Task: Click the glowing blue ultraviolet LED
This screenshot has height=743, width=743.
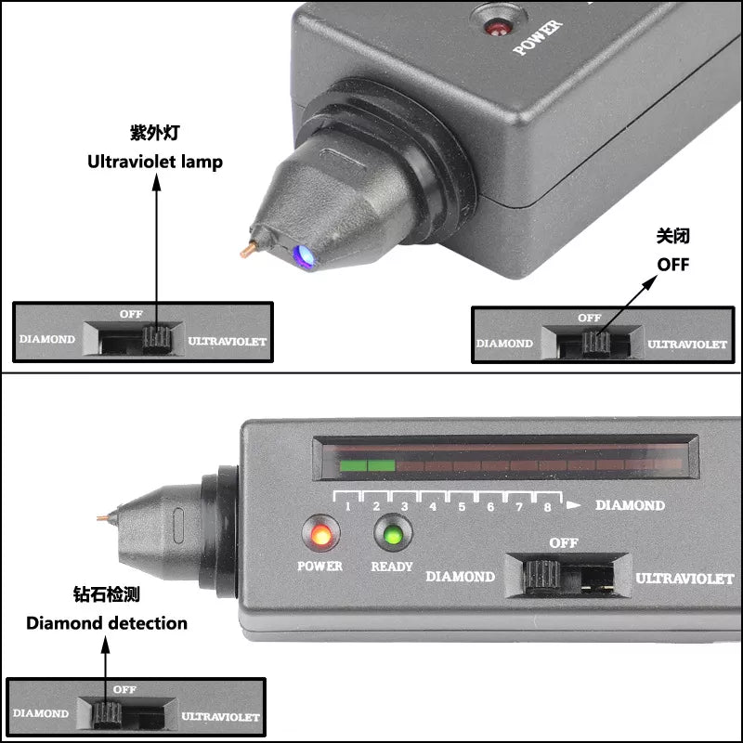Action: coord(302,255)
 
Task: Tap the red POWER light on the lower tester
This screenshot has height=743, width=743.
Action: coord(320,535)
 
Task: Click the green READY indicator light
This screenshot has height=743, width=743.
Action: coord(391,535)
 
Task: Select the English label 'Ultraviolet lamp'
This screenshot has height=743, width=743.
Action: coord(155,162)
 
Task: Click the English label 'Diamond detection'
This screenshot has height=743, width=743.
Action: coord(107,623)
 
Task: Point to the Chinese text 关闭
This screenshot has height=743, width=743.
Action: coord(673,237)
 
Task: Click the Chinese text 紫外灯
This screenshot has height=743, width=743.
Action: coord(154,133)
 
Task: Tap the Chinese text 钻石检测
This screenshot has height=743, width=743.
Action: coord(107,594)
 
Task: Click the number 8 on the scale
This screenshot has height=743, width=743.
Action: coord(547,506)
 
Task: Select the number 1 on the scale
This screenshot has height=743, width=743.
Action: coord(348,506)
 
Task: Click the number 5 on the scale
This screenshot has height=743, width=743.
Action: coord(462,506)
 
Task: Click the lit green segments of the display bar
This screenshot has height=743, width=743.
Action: coord(368,464)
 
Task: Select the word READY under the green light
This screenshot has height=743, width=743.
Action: coord(392,566)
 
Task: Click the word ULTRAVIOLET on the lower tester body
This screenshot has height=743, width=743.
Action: coord(684,579)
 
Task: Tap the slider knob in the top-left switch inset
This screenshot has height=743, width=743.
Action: coord(156,339)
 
